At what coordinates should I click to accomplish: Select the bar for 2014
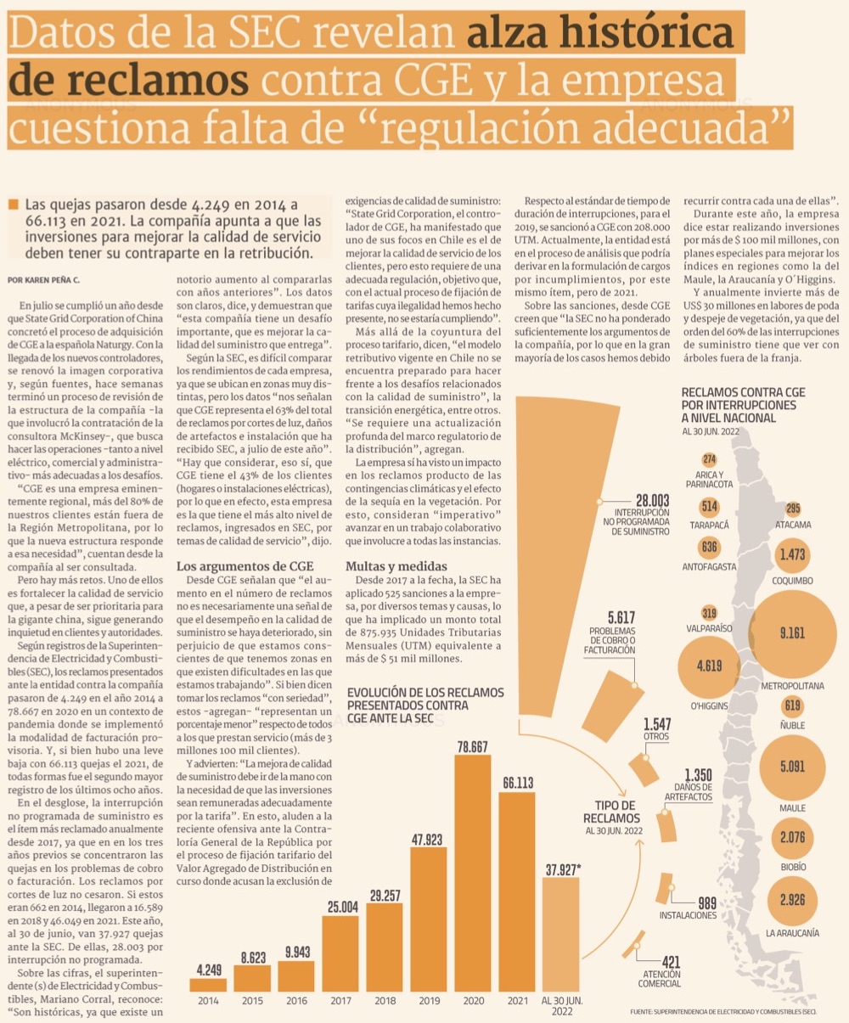click(208, 985)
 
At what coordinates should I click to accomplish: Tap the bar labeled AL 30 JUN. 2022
click(560, 934)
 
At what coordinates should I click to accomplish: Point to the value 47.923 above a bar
click(429, 840)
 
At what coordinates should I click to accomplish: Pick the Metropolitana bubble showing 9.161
click(792, 633)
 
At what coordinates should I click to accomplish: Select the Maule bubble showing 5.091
click(792, 767)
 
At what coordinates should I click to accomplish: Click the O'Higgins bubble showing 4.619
click(709, 666)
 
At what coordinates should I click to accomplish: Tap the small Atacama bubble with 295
click(793, 509)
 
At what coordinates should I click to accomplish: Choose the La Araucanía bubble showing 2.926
click(792, 899)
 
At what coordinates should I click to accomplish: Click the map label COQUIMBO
click(792, 581)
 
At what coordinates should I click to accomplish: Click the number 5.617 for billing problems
click(621, 617)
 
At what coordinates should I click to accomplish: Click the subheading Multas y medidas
click(385, 566)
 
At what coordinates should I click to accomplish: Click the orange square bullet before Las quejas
click(13, 205)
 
